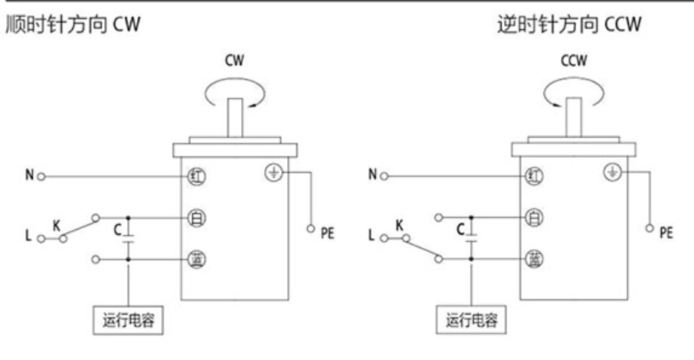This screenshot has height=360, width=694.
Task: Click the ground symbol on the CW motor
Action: click(x=272, y=172)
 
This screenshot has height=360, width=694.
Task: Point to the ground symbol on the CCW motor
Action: click(x=611, y=172)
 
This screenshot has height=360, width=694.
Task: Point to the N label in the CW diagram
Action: click(x=28, y=175)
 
